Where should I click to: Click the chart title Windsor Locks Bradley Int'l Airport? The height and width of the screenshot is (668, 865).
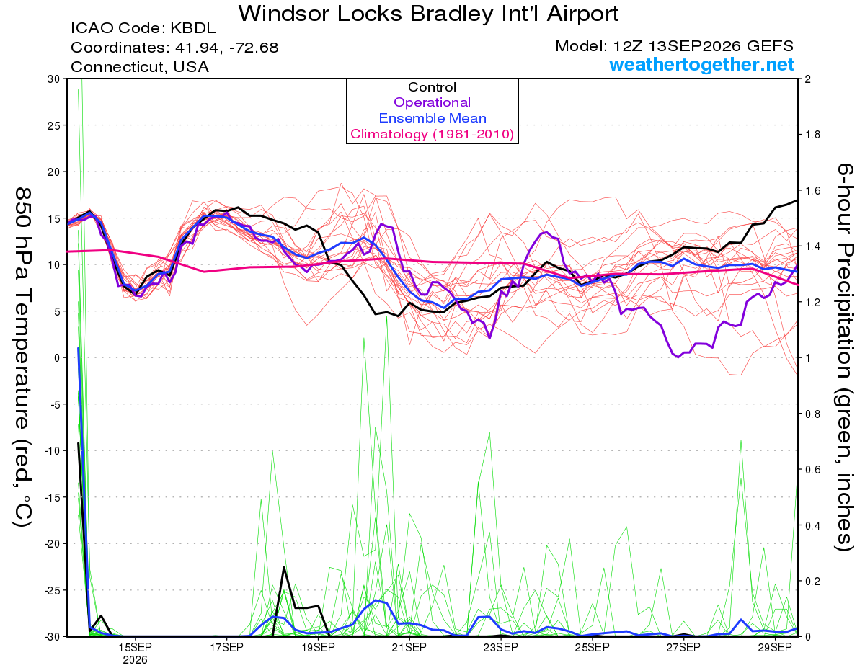(x=428, y=14)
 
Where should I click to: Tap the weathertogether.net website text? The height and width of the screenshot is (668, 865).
(x=701, y=64)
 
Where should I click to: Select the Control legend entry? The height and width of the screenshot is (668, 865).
(x=432, y=87)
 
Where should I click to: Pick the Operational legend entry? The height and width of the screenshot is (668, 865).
(x=432, y=102)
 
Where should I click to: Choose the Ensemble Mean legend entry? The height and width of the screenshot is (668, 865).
(x=432, y=118)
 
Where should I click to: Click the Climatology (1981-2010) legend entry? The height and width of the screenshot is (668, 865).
(x=432, y=134)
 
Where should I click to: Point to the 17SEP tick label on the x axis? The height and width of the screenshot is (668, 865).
(x=226, y=647)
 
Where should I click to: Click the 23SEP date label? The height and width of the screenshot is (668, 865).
(x=501, y=647)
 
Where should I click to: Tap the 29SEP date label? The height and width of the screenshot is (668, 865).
(x=775, y=647)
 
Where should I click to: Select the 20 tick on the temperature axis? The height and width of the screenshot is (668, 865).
(x=54, y=172)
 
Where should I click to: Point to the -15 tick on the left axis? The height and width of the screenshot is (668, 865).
(x=52, y=497)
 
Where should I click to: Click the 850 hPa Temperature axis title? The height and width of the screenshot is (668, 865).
(x=22, y=357)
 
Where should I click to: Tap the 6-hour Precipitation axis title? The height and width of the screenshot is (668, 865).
(x=845, y=357)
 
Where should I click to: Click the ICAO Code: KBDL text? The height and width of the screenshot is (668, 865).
(x=143, y=28)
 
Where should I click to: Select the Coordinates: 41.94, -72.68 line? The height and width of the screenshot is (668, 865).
(x=174, y=48)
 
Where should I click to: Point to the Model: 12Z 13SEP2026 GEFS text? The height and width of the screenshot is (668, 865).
(x=674, y=46)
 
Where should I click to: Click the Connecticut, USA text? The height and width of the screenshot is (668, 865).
(x=140, y=67)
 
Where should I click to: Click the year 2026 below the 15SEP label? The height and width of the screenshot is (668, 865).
(x=135, y=661)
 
